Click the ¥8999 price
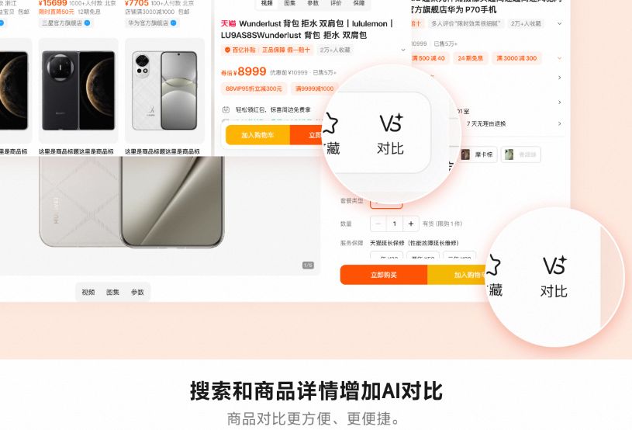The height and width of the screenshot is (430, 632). click(x=251, y=71)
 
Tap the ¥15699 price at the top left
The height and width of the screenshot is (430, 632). click(x=53, y=3)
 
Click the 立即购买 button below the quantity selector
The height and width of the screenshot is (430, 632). click(x=383, y=275)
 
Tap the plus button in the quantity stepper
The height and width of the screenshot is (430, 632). click(x=411, y=224)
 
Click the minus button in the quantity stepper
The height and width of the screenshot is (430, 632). click(x=378, y=224)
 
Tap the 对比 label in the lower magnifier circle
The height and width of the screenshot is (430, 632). click(x=554, y=291)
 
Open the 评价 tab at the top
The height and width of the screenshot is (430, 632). click(x=336, y=4)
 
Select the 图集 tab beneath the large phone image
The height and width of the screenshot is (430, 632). click(x=112, y=293)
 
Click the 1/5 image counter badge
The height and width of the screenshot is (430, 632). click(x=308, y=265)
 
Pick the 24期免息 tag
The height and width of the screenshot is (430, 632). click(x=470, y=58)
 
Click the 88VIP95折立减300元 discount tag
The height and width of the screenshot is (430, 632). click(x=254, y=89)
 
